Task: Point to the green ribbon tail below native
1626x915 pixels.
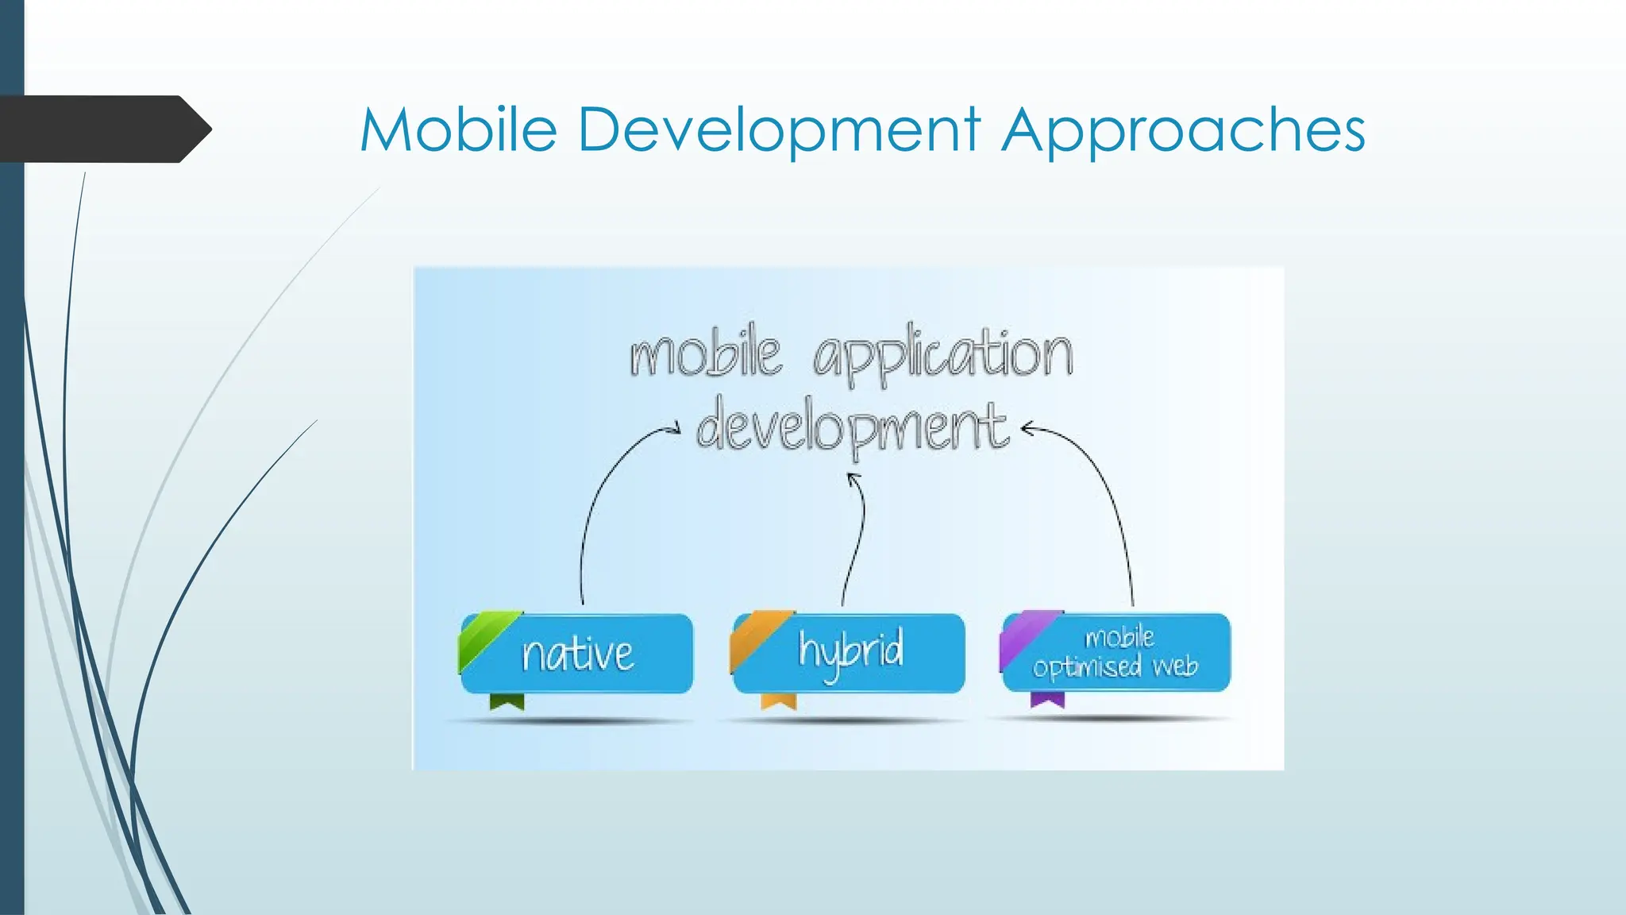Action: pos(507,701)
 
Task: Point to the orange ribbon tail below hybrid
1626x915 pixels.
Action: pos(778,701)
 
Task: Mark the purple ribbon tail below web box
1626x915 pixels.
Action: pos(1047,699)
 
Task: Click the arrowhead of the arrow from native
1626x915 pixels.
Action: pos(675,429)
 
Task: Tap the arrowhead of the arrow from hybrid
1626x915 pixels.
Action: pos(853,478)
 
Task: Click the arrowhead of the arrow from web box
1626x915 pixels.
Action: pos(1027,430)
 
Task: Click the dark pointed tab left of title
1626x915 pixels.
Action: pos(103,129)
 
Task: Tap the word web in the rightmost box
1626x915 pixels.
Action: pos(1174,666)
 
